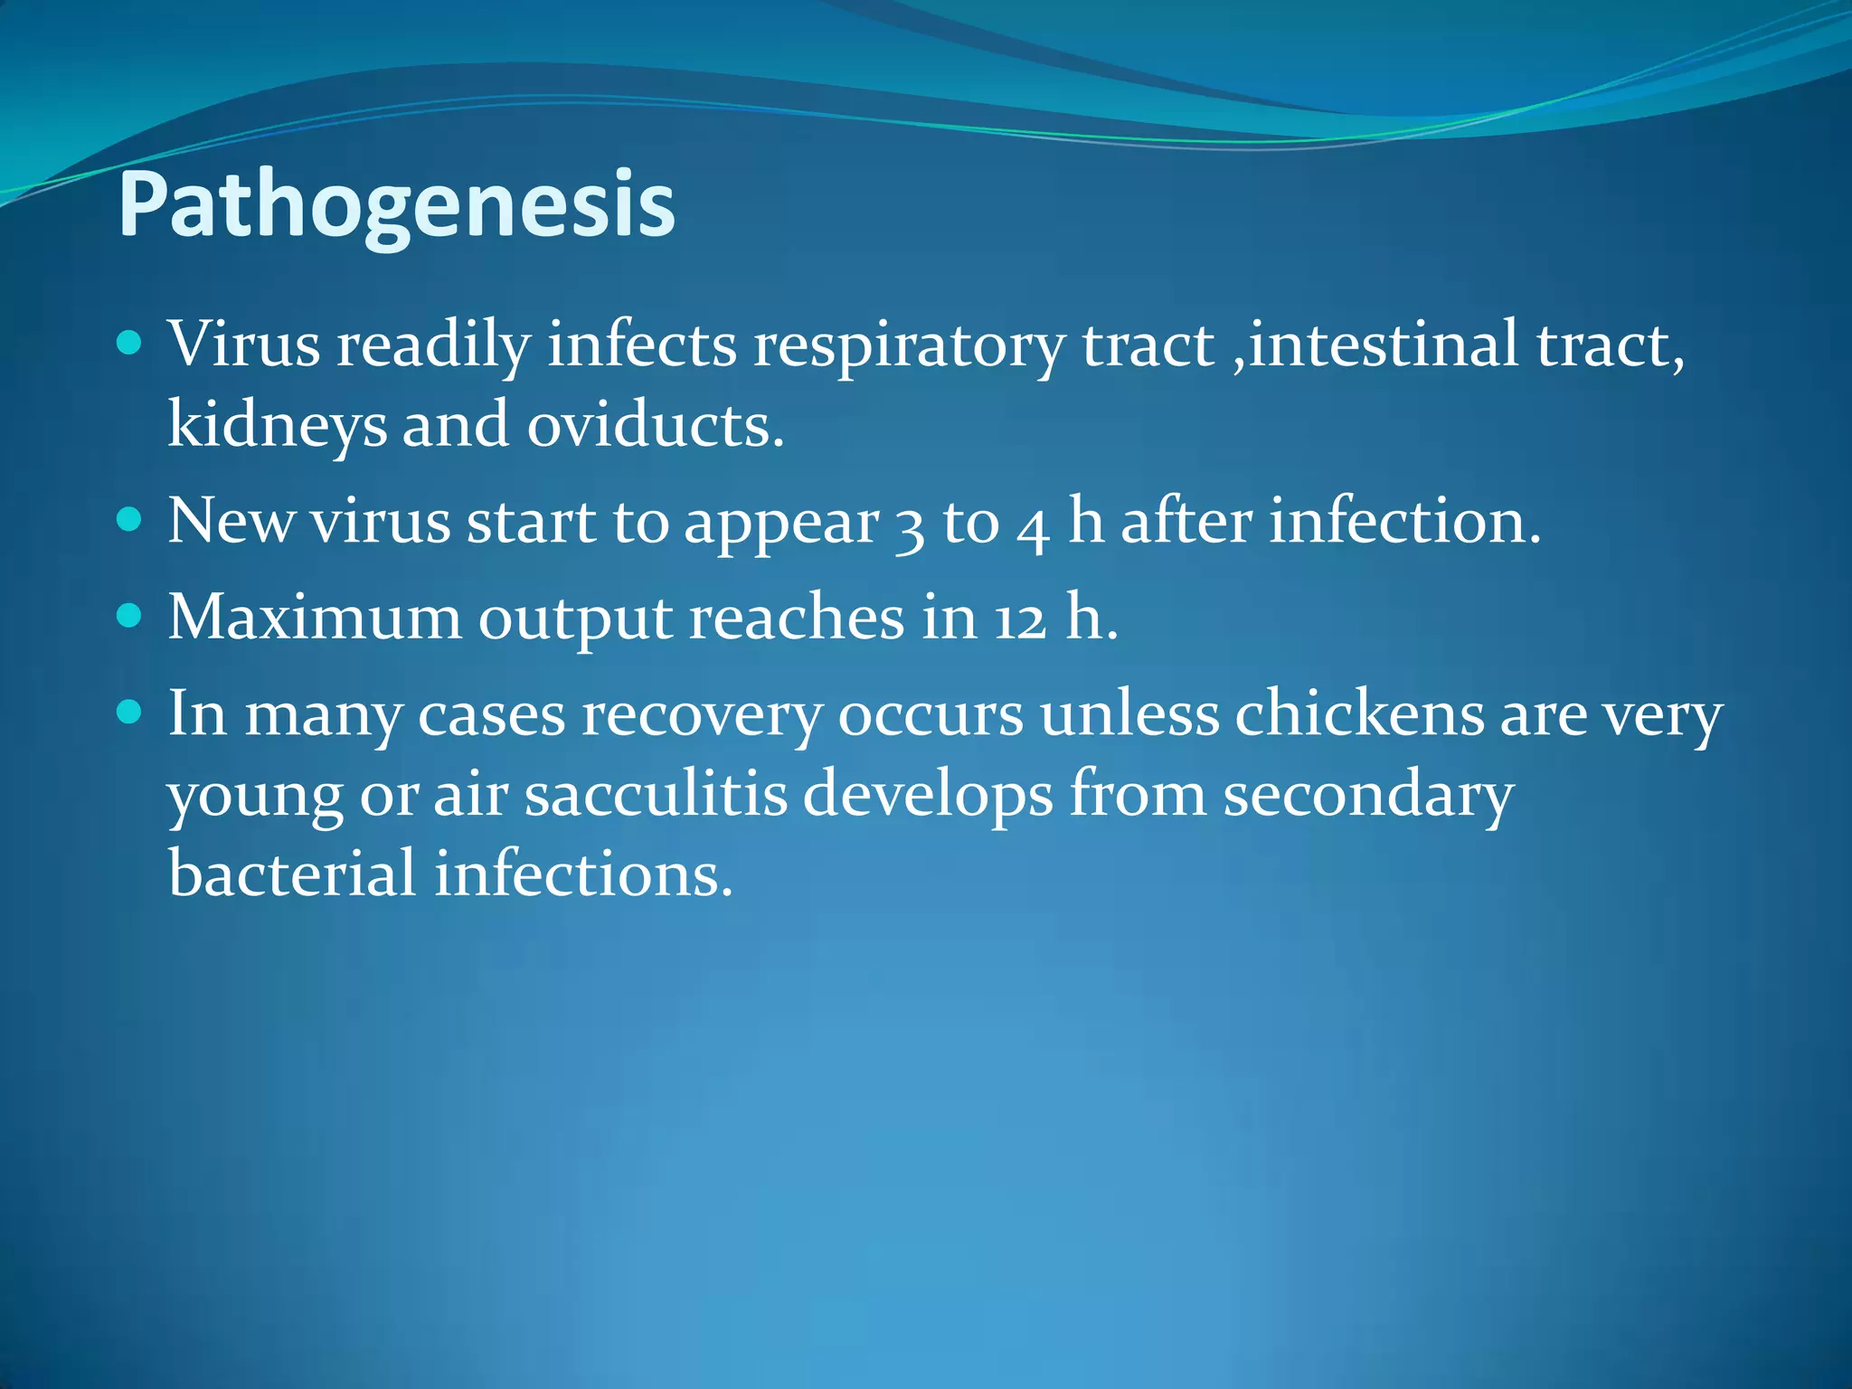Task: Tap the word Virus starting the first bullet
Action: (243, 345)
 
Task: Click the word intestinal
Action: (1384, 345)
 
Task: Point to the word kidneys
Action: (277, 425)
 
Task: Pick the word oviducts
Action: (655, 424)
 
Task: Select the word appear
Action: (781, 524)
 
